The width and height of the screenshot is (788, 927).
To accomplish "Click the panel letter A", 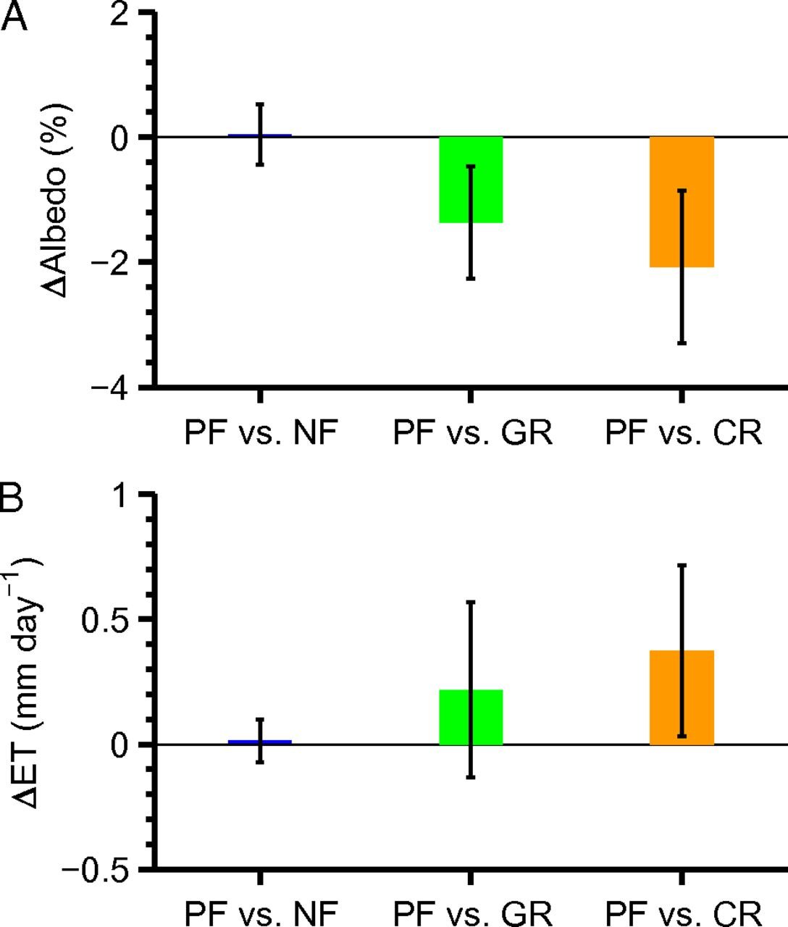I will (x=14, y=16).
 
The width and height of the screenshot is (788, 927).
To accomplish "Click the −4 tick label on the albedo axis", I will (x=111, y=387).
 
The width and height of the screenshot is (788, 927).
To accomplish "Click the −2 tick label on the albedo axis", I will (x=111, y=262).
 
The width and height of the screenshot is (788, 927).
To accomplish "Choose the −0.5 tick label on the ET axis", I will (x=98, y=869).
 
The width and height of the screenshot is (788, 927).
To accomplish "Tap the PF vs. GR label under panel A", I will (x=472, y=433).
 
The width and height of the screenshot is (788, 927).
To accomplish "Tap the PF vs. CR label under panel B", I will (x=683, y=911).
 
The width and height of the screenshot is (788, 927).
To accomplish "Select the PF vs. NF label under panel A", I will (x=261, y=433).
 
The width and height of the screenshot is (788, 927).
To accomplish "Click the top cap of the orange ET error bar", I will (x=682, y=565).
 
